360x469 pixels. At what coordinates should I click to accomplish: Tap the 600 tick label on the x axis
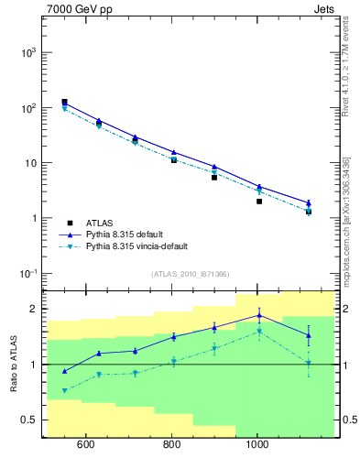(86, 446)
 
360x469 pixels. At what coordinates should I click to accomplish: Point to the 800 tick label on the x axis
(172, 446)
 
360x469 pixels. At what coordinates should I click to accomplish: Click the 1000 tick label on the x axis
(258, 446)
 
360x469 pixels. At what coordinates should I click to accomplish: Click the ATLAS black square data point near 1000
(259, 202)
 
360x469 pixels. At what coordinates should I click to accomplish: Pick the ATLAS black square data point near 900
(214, 177)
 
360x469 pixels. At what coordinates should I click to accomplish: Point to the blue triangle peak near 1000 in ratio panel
(259, 315)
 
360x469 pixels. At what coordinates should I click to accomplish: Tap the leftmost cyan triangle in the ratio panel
(64, 390)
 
